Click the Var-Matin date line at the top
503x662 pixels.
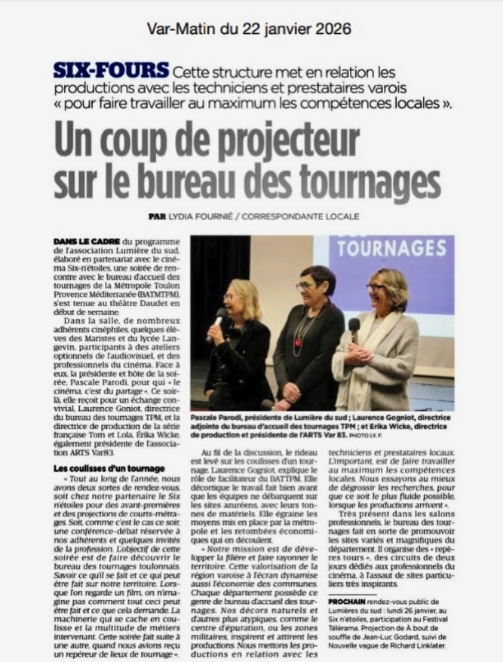(249, 29)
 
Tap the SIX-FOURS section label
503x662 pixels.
(110, 71)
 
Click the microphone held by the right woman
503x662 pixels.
(354, 326)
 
